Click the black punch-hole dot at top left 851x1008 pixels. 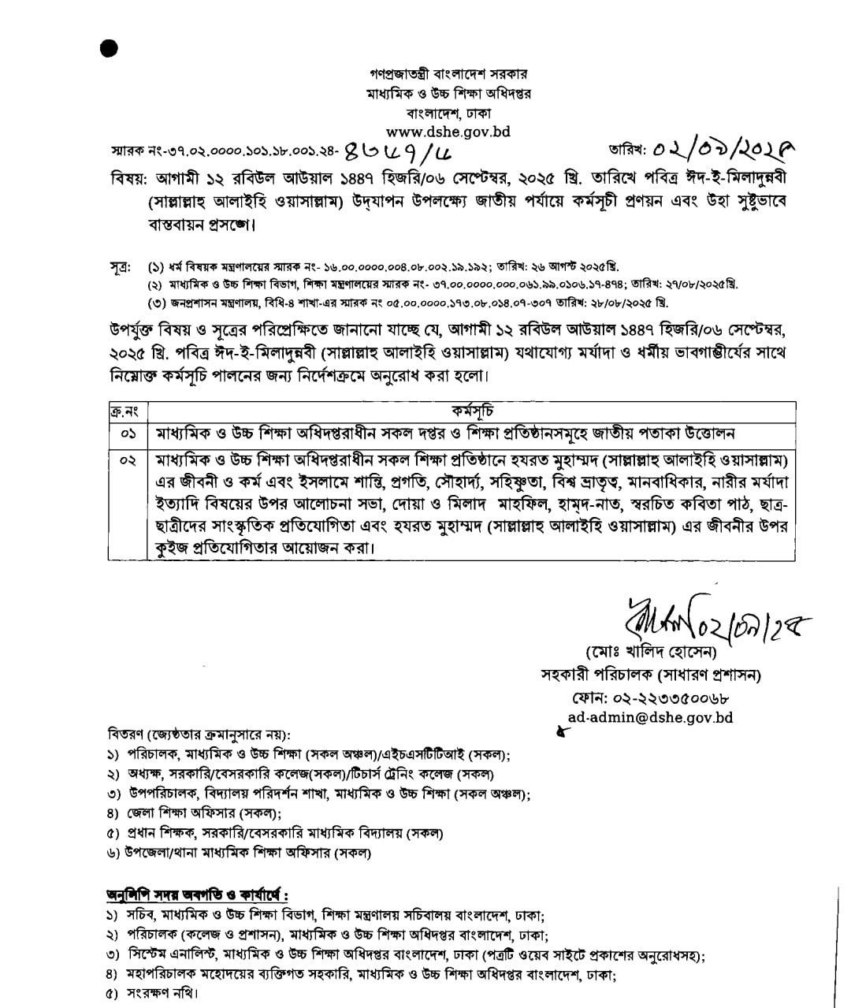pyautogui.click(x=110, y=48)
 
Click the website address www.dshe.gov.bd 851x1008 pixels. pyautogui.click(x=448, y=132)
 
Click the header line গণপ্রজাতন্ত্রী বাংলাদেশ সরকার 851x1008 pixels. pyautogui.click(x=448, y=74)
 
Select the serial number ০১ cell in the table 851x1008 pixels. pyautogui.click(x=128, y=433)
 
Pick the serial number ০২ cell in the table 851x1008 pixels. pyautogui.click(x=128, y=459)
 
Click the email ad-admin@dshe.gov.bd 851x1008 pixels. pyautogui.click(x=651, y=717)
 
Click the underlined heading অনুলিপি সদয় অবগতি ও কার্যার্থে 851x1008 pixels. pyautogui.click(x=197, y=895)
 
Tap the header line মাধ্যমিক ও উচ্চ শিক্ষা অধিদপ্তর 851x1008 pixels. pyautogui.click(x=448, y=93)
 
